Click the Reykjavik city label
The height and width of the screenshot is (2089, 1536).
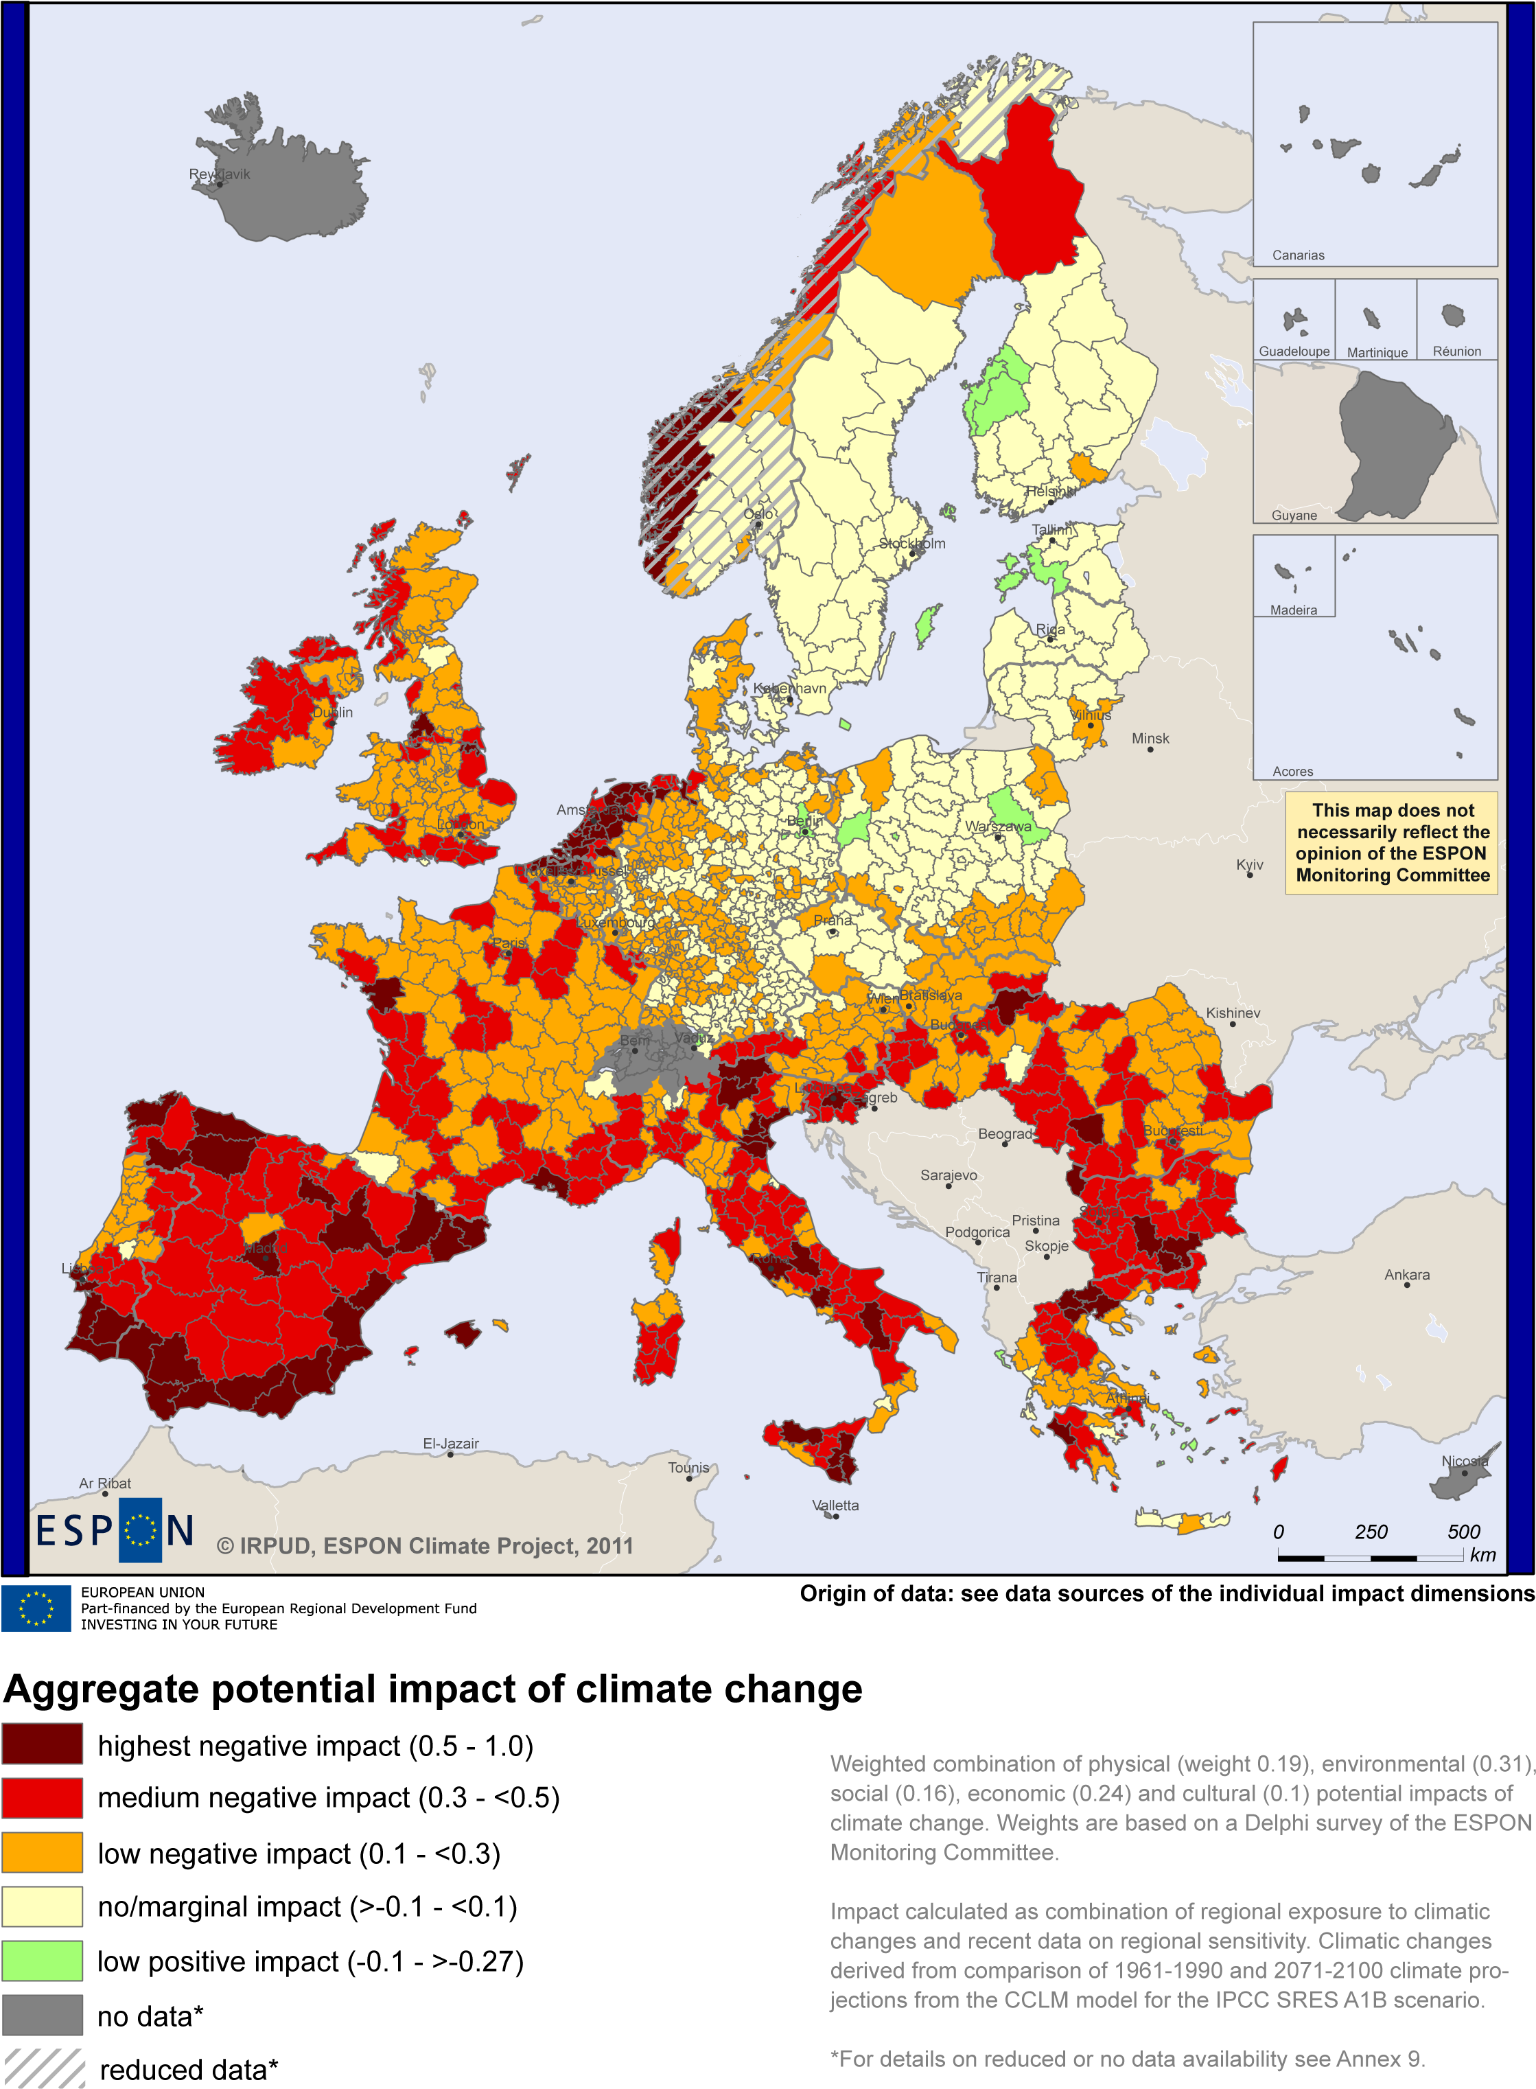[x=220, y=174]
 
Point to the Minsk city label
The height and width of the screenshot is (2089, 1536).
[x=1150, y=739]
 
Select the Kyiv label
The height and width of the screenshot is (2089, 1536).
[x=1250, y=864]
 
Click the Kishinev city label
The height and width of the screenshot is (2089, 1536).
[x=1233, y=1013]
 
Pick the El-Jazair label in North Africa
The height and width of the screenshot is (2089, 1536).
[x=451, y=1444]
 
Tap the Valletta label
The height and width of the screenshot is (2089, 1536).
[x=835, y=1505]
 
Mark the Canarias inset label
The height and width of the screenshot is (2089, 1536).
[x=1298, y=255]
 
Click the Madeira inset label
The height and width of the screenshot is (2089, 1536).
[x=1293, y=610]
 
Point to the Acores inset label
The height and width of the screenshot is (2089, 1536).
[x=1292, y=771]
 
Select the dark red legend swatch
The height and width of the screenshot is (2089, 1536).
[x=43, y=1743]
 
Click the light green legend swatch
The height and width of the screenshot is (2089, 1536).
[x=43, y=1960]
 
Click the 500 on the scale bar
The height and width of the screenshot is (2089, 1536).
[x=1463, y=1531]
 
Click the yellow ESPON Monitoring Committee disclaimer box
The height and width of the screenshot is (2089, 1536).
[x=1392, y=842]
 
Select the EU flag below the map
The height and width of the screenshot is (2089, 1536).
[x=36, y=1608]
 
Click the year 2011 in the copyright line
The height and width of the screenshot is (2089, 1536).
[x=609, y=1546]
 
